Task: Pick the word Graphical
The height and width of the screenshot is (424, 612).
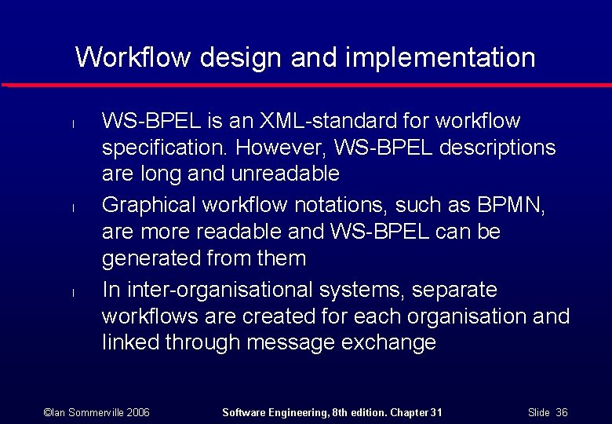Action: [x=149, y=206]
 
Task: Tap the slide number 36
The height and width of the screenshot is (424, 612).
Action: [x=561, y=412]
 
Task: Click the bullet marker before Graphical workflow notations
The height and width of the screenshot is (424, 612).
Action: [x=71, y=208]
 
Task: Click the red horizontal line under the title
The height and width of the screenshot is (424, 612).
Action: [x=306, y=84]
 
